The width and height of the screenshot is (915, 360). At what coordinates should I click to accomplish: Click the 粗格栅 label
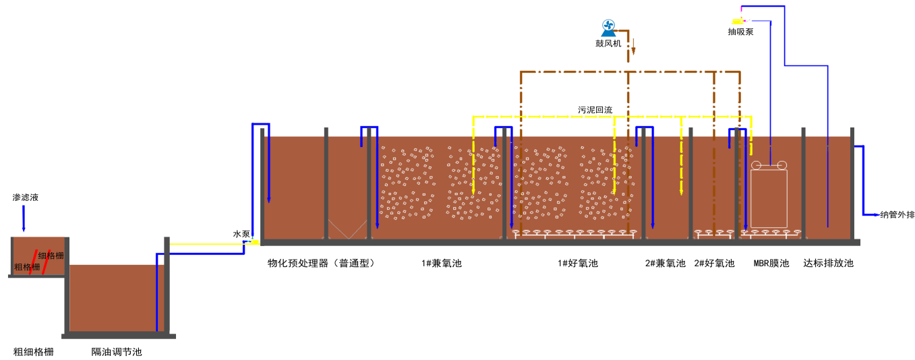27,267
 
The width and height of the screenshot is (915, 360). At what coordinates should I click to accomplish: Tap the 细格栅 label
51,256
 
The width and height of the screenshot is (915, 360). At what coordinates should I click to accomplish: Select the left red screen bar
32,262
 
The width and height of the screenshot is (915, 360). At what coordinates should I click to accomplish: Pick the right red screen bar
46,262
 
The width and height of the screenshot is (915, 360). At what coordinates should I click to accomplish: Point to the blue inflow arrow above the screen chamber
24,219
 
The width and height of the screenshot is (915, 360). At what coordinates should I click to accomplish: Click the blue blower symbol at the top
608,28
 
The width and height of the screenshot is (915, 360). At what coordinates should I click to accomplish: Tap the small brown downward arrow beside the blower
633,47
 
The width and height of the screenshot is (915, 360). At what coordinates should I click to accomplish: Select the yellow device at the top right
738,22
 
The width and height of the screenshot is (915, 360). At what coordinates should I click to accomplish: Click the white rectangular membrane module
769,198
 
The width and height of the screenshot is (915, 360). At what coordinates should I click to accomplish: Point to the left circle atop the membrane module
756,165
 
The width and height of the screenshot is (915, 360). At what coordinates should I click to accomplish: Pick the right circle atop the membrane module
782,165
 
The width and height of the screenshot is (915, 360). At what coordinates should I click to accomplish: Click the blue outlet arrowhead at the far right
876,214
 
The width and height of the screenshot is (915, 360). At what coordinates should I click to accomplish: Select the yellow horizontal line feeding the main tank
209,244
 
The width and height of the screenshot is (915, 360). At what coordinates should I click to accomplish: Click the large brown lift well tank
116,297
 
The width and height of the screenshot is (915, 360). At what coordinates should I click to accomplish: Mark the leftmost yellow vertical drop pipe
473,162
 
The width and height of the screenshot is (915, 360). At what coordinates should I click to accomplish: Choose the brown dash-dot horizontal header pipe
630,72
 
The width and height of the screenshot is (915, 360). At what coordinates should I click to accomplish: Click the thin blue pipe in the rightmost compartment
828,182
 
